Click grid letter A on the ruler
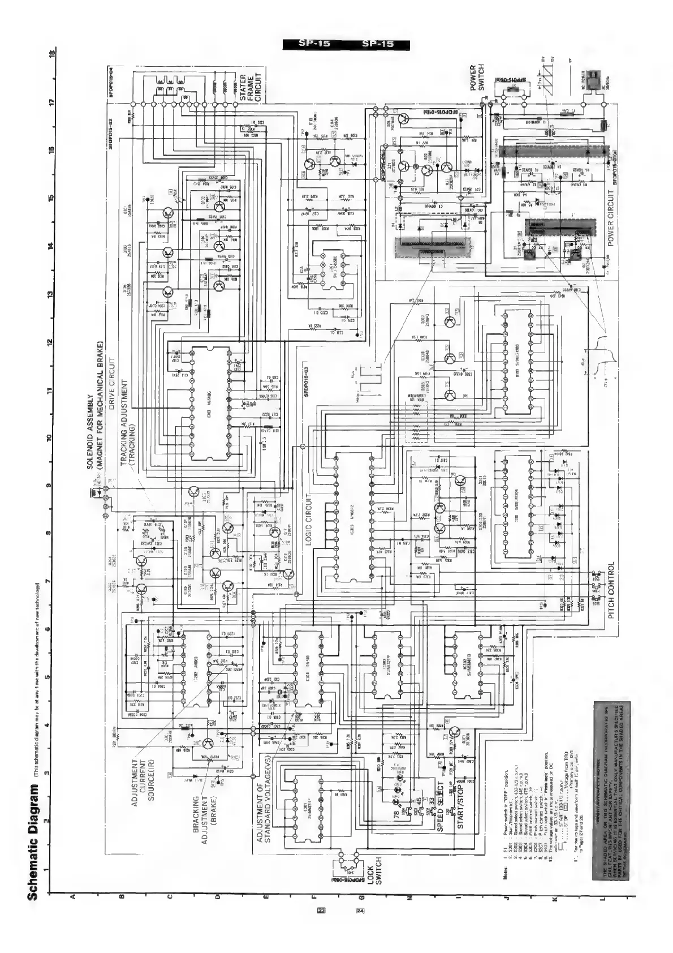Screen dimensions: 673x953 click(72, 912)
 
